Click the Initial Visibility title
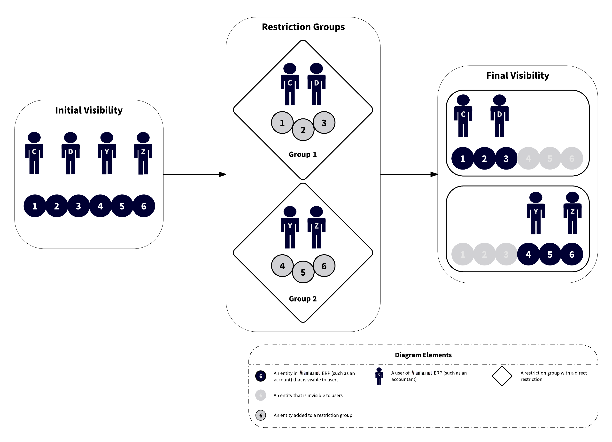point(89,110)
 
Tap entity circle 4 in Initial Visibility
point(100,206)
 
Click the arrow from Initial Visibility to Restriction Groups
point(194,174)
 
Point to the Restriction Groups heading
point(303,27)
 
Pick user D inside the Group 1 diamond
point(316,84)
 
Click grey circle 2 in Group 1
point(303,130)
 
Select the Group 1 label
point(302,154)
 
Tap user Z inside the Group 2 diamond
point(316,227)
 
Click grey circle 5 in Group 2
point(303,272)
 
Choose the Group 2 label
point(302,299)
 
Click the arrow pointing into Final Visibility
point(409,174)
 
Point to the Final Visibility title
point(517,75)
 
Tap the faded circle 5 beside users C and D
point(550,158)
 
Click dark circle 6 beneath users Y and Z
point(572,254)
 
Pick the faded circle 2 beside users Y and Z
point(484,254)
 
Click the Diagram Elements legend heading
point(423,355)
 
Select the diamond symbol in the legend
point(502,376)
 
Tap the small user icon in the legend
point(379,376)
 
